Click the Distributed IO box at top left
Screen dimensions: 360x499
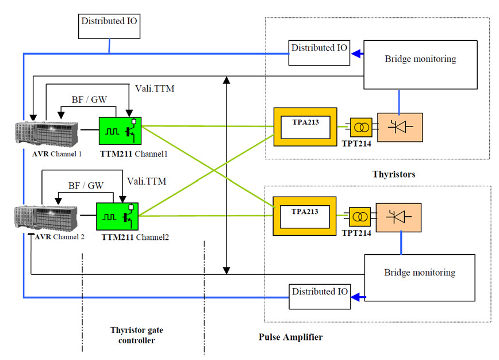click(109, 26)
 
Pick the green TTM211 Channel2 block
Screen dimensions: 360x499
click(117, 217)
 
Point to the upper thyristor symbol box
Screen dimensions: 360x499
click(400, 127)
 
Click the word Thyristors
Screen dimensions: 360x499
click(394, 174)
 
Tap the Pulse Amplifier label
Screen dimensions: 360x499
click(290, 338)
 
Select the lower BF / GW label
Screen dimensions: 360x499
click(86, 186)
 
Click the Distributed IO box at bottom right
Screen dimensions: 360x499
click(319, 292)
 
